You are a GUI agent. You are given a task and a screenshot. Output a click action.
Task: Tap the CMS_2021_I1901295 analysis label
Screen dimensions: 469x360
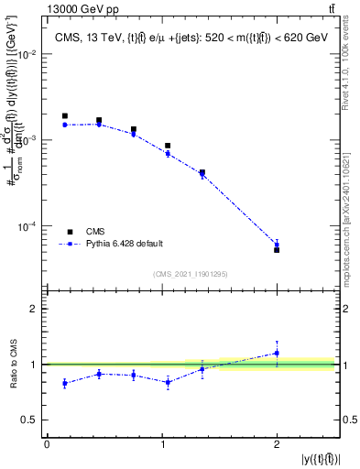pos(191,274)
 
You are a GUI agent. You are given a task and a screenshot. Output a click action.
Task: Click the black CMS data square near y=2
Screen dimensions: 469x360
pos(277,249)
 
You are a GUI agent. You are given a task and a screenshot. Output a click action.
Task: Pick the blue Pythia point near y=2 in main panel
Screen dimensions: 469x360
pos(277,244)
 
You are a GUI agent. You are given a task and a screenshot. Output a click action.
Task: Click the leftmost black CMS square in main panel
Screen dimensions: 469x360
pos(64,116)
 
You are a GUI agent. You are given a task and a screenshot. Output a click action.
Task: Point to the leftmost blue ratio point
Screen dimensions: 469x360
pos(64,383)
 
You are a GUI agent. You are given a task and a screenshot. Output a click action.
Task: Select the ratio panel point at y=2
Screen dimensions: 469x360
pos(277,353)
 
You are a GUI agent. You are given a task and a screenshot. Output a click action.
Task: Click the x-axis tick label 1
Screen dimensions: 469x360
pos(161,443)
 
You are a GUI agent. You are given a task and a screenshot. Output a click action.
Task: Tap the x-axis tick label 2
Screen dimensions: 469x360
pos(277,443)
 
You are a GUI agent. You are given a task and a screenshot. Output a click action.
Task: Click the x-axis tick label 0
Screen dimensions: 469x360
pos(47,443)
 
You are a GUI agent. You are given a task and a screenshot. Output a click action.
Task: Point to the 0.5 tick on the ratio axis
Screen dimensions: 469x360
pos(35,420)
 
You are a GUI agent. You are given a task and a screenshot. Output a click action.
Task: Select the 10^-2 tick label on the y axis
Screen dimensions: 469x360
pos(30,54)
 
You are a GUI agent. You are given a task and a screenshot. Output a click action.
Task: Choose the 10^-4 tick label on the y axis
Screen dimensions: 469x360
pos(30,226)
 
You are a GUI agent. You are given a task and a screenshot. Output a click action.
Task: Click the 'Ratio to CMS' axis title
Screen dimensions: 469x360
pos(12,365)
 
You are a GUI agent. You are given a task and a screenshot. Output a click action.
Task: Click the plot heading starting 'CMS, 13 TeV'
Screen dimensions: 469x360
pos(191,37)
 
